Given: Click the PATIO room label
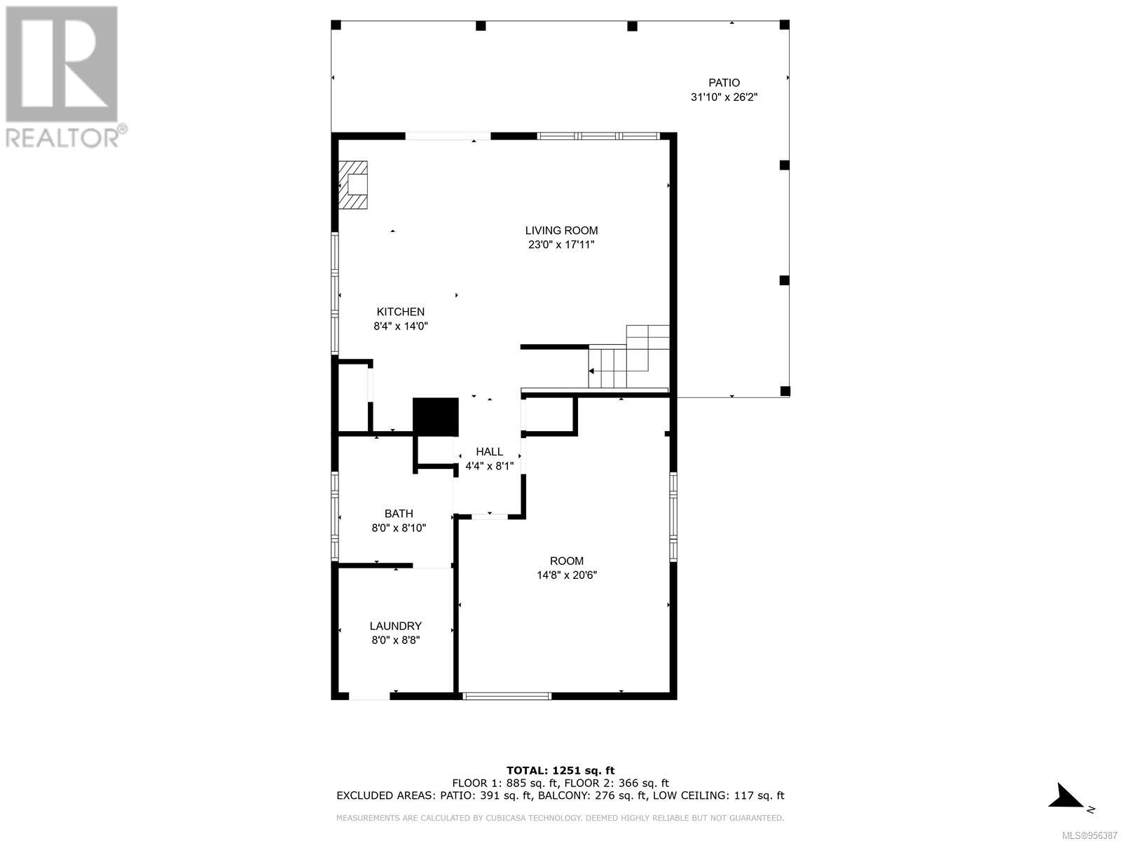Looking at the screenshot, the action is point(724,83).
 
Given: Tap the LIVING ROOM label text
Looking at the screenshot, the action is point(561,231).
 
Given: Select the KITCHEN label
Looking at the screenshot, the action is point(400,312).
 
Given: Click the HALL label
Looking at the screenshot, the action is point(489,452).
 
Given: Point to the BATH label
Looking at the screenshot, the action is point(399,514).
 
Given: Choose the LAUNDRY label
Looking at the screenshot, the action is point(396,626).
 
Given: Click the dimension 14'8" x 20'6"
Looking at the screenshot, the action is point(566,575).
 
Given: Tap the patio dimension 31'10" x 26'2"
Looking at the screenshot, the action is point(724,97).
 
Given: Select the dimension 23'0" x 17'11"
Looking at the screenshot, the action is point(561,245).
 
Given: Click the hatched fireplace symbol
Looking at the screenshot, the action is point(353,185).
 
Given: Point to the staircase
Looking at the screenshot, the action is point(628,357).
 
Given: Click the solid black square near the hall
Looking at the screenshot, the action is point(435,417).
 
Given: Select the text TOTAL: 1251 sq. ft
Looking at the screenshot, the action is point(560,770).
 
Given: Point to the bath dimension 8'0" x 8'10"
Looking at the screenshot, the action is point(399,528).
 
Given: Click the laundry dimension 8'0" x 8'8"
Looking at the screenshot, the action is point(396,641).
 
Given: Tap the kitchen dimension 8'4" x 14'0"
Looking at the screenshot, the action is point(400,327).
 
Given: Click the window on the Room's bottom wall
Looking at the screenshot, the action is point(507,696).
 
